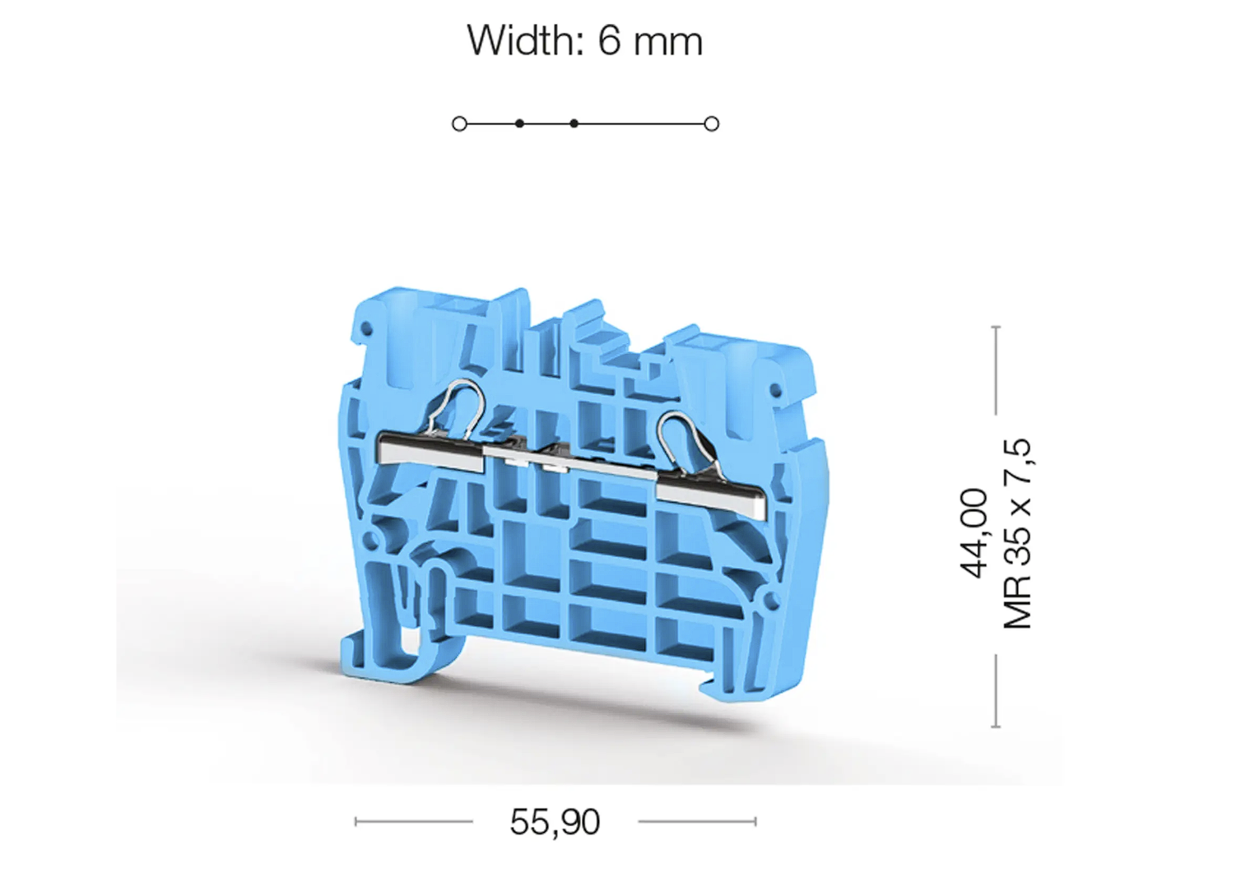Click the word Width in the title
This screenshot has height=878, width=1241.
click(526, 40)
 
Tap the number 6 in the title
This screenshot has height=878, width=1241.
click(610, 41)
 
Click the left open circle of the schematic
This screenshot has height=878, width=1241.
click(459, 123)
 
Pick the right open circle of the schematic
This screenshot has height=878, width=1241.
click(711, 123)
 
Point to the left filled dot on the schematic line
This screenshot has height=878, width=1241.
click(519, 123)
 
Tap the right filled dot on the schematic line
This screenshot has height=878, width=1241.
click(574, 123)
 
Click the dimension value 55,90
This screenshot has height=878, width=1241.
click(555, 822)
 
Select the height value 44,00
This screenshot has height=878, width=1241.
click(974, 533)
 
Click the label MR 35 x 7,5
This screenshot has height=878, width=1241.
click(1018, 533)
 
